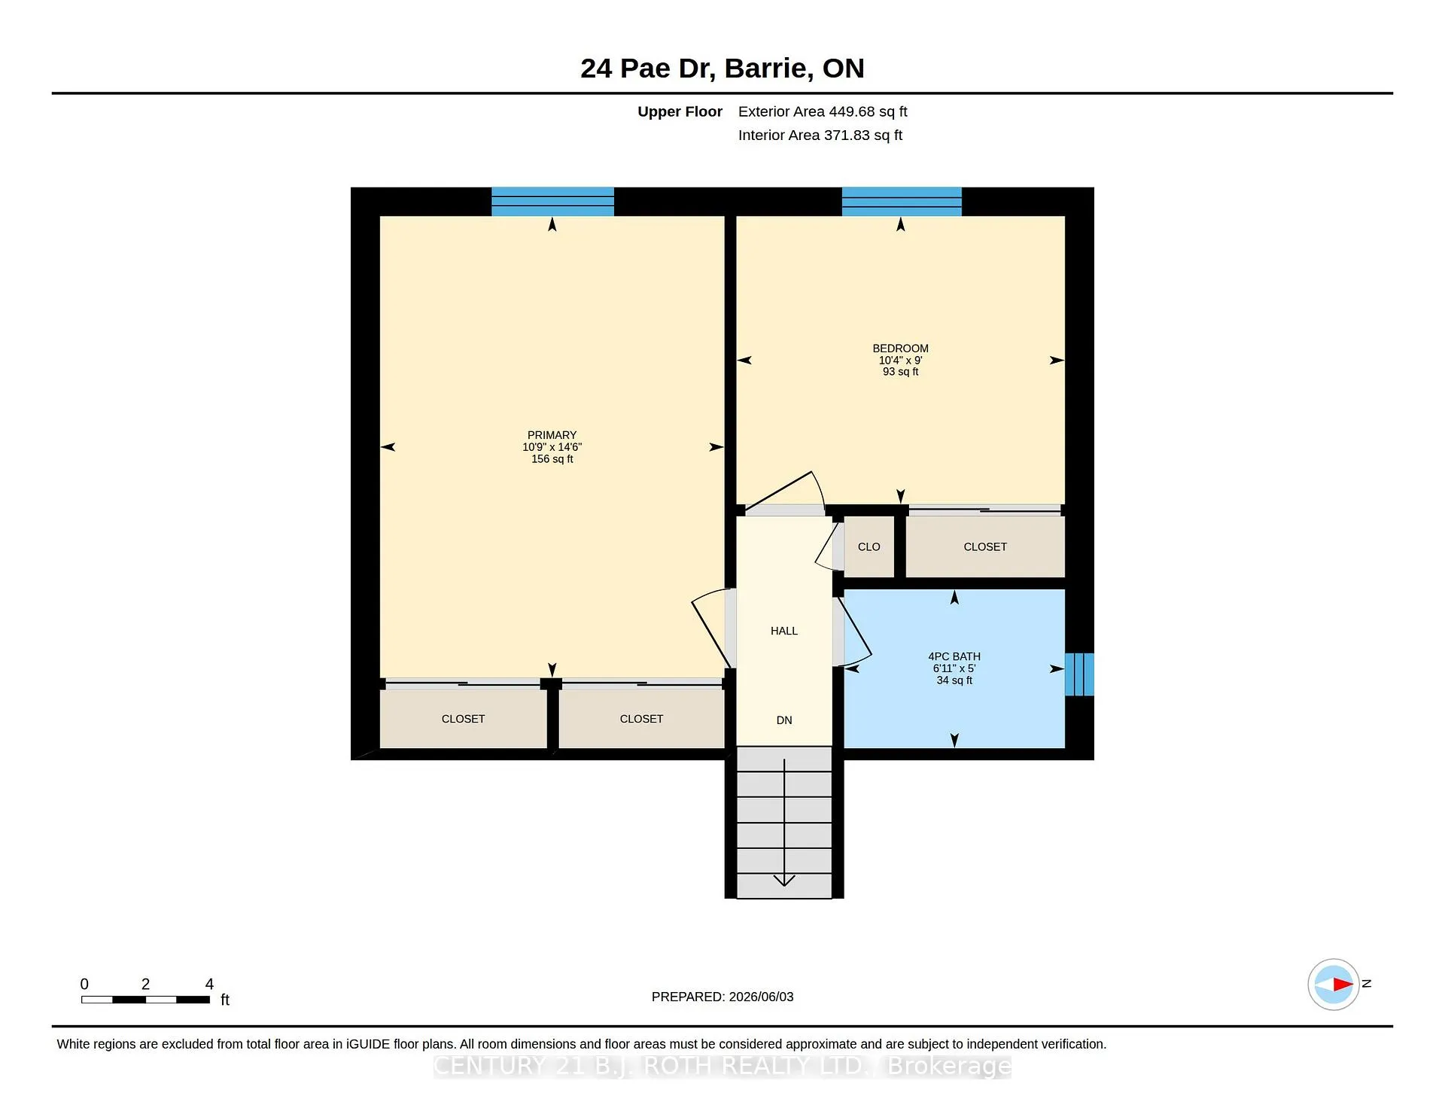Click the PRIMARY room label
(x=552, y=435)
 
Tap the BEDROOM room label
(x=900, y=348)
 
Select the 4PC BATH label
(x=954, y=656)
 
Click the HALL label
(x=783, y=631)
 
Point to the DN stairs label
(x=784, y=720)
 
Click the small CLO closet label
(x=869, y=547)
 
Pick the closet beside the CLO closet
(x=985, y=547)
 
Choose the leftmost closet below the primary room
(x=463, y=719)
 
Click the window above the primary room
(x=552, y=202)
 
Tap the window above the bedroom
(x=902, y=202)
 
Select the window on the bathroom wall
(x=1079, y=674)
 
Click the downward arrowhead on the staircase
(x=784, y=880)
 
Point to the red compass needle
(x=1343, y=984)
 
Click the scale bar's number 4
(x=209, y=984)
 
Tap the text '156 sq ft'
(x=552, y=459)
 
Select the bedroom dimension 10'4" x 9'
(x=900, y=360)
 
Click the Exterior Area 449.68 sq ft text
(x=823, y=111)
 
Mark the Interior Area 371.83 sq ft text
(x=820, y=135)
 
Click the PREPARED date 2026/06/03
(x=761, y=997)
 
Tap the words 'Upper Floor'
(x=680, y=111)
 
